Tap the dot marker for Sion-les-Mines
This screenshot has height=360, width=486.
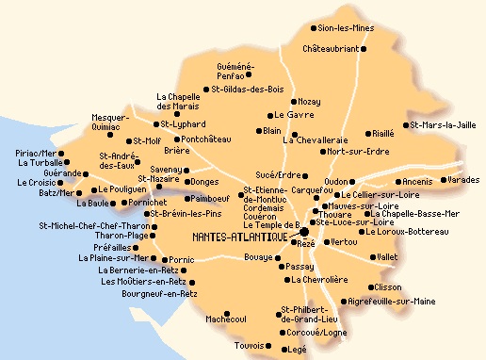point(314,29)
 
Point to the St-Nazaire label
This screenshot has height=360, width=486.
point(160,178)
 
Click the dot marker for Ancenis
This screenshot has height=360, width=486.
point(396,182)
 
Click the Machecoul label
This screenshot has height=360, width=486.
point(226,319)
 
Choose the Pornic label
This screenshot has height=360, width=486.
point(182,259)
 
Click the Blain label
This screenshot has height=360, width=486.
point(273,131)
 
